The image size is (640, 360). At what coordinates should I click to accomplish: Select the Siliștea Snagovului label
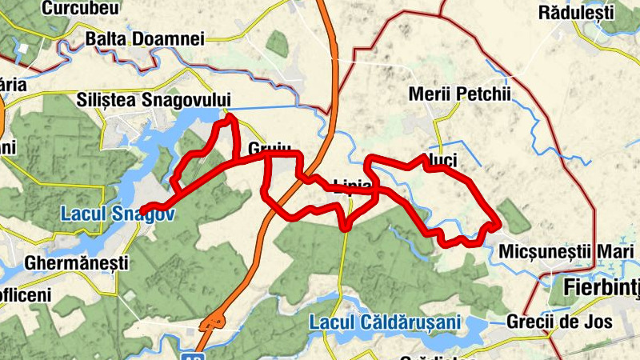tap(154, 100)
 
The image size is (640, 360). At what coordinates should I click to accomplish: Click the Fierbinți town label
tap(601, 286)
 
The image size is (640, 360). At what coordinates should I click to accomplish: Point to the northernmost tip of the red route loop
tap(230, 118)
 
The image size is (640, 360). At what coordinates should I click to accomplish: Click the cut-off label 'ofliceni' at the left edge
tap(26, 295)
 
